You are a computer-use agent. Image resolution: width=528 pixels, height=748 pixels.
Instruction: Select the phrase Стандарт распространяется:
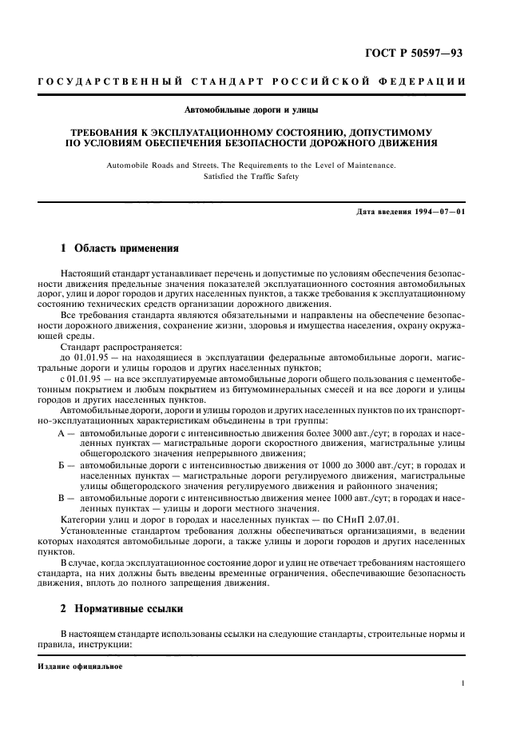point(109,348)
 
